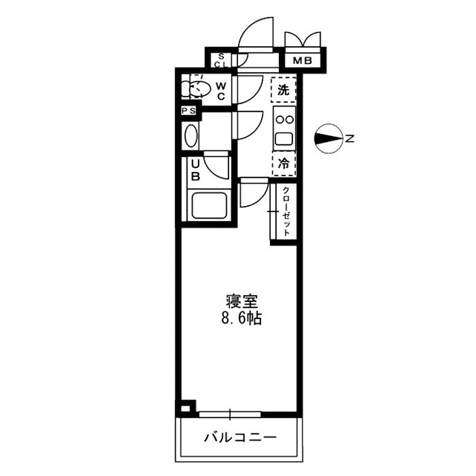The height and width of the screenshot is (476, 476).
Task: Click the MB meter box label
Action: tap(303, 60)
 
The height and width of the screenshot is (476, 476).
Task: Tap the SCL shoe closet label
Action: tap(221, 59)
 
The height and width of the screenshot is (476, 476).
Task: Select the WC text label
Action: tap(222, 89)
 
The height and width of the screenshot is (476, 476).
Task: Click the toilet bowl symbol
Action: tap(196, 89)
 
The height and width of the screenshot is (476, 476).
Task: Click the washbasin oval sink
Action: tap(191, 137)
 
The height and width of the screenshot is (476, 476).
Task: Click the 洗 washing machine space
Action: tap(283, 90)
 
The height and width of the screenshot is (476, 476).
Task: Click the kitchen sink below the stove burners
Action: tap(283, 138)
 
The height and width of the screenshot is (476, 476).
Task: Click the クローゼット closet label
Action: tap(285, 211)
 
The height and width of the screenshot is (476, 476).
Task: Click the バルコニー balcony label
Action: tap(239, 437)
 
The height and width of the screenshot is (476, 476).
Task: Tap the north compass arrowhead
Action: tap(326, 138)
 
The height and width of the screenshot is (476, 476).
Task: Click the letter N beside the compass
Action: tap(348, 138)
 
